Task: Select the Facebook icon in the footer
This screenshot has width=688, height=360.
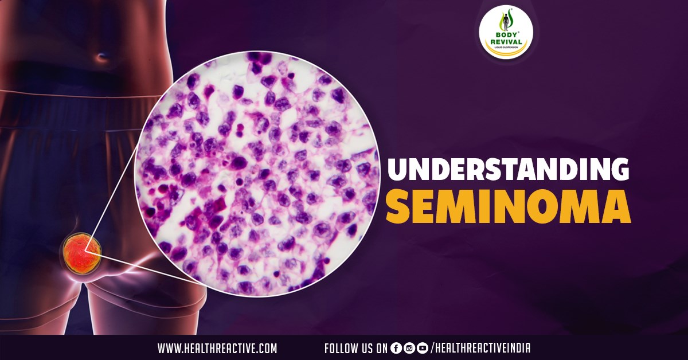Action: pyautogui.click(x=396, y=348)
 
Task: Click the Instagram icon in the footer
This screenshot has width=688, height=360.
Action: pyautogui.click(x=409, y=348)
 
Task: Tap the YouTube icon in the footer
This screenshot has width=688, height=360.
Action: pyautogui.click(x=423, y=348)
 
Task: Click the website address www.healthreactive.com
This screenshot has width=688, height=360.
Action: pyautogui.click(x=217, y=348)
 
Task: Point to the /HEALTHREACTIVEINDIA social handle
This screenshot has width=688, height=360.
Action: pyautogui.click(x=480, y=348)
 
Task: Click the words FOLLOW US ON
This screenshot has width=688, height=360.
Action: pyautogui.click(x=355, y=348)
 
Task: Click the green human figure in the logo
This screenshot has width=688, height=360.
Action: pyautogui.click(x=505, y=21)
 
